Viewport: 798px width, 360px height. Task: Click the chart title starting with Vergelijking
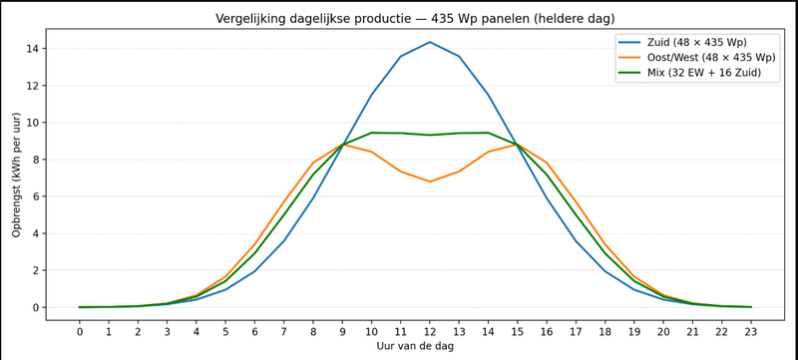(415, 18)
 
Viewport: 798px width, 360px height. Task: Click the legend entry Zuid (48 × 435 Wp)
(696, 43)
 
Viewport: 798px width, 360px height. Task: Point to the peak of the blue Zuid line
(430, 42)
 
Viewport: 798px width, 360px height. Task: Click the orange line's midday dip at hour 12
(430, 181)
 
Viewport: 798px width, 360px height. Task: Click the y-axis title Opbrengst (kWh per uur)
(17, 175)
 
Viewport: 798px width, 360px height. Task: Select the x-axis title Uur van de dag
(415, 345)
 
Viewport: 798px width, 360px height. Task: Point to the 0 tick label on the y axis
(35, 307)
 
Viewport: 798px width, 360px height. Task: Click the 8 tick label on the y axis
(35, 160)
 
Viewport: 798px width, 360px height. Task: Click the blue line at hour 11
(401, 57)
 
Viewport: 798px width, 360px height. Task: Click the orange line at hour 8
(313, 163)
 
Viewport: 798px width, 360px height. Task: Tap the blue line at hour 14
(488, 95)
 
